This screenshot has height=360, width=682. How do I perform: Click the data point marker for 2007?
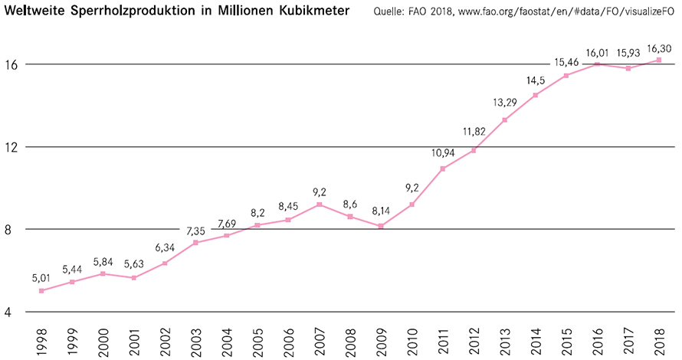[x=319, y=205]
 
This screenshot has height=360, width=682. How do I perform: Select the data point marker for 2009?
[x=381, y=226]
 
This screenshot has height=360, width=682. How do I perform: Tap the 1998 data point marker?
[x=41, y=290]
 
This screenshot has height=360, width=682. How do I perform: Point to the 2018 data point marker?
[x=659, y=60]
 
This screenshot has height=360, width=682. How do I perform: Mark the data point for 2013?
[x=504, y=119]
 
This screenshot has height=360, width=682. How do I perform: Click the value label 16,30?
[x=659, y=47]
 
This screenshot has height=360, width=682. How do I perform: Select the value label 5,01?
[x=41, y=277]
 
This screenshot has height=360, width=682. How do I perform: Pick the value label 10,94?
[x=442, y=153]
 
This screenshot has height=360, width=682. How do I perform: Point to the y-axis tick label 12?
[x=13, y=147]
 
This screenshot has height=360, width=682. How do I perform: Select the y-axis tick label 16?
[x=13, y=64]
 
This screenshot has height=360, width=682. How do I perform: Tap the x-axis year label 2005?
[x=257, y=339]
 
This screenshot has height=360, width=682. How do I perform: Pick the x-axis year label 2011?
[x=443, y=339]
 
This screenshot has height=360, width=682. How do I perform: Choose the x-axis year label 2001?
[x=133, y=339]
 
